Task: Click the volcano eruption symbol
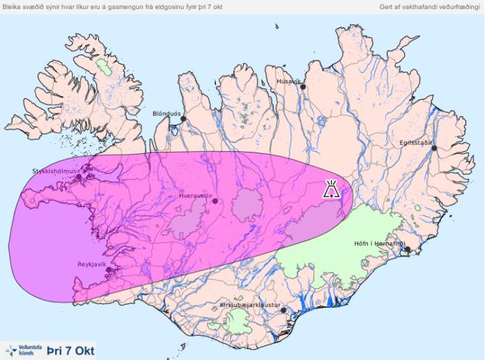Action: pyautogui.click(x=331, y=189)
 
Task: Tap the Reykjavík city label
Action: pyautogui.click(x=95, y=265)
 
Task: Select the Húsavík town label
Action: pyautogui.click(x=288, y=81)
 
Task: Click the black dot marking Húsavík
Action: pyautogui.click(x=303, y=86)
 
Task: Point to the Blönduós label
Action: pyautogui.click(x=167, y=113)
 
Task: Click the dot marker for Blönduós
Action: pyautogui.click(x=183, y=119)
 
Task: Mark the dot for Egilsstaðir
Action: pyautogui.click(x=434, y=148)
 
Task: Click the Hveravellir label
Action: pyautogui.click(x=195, y=196)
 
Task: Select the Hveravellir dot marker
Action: pyautogui.click(x=215, y=201)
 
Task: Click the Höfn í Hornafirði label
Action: pyautogui.click(x=380, y=243)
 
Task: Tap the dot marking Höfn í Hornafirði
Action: pyautogui.click(x=408, y=249)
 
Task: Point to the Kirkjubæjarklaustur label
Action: pyautogui.click(x=249, y=305)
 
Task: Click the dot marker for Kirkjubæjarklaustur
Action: pyautogui.click(x=284, y=311)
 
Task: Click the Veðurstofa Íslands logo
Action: pyautogui.click(x=22, y=350)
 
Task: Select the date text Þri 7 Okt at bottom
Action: pyautogui.click(x=70, y=350)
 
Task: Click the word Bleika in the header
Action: pyautogui.click(x=13, y=6)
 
